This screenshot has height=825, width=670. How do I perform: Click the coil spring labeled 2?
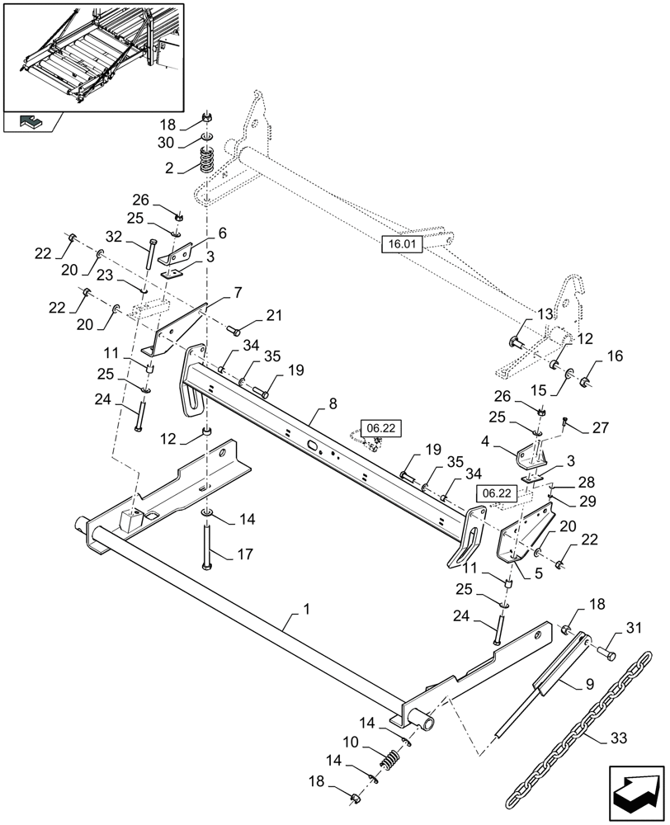click(x=206, y=159)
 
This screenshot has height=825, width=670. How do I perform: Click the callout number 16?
click(x=615, y=356)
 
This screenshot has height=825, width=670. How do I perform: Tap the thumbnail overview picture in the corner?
click(x=93, y=56)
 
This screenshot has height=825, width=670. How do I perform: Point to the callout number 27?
click(x=600, y=428)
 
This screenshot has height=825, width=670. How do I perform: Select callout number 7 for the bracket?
click(x=237, y=293)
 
